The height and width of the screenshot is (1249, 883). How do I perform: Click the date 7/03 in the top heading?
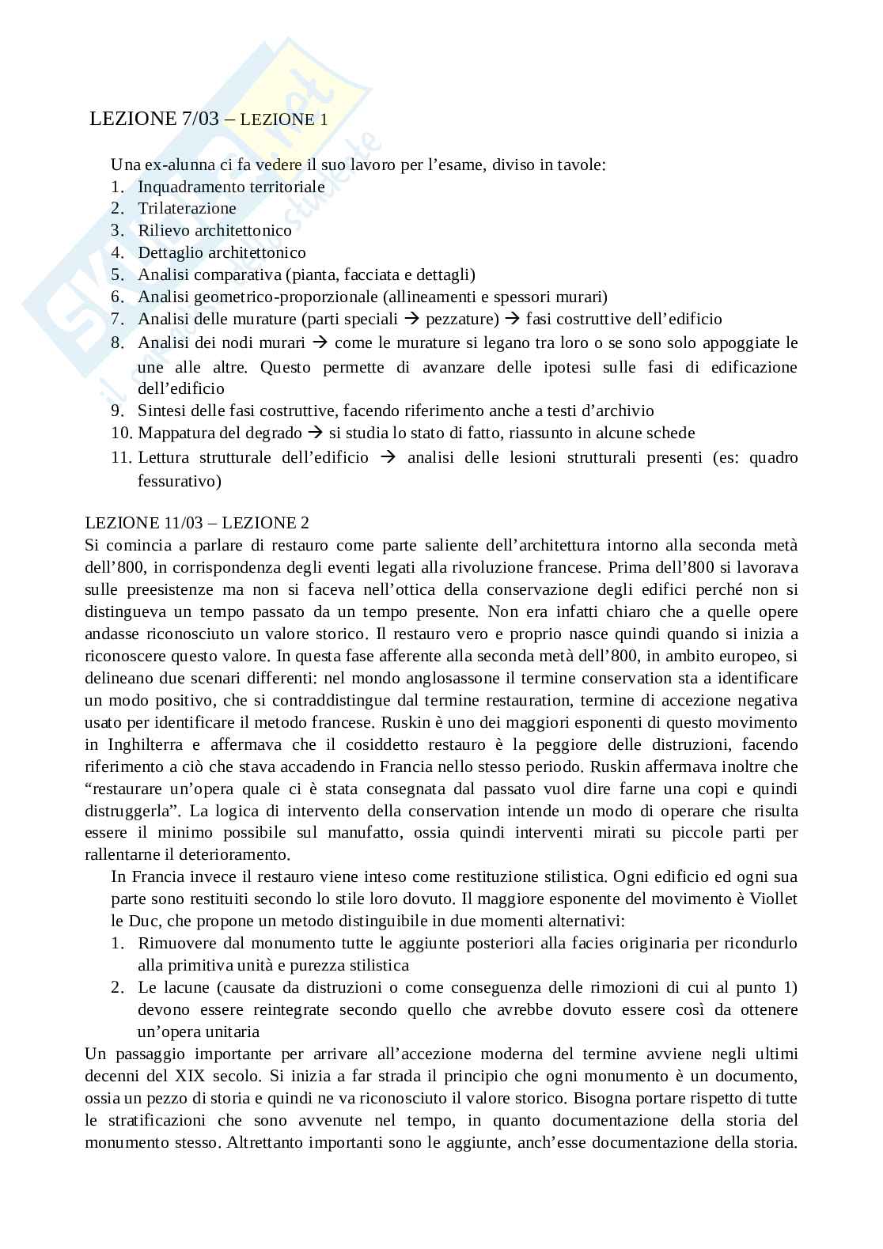(198, 119)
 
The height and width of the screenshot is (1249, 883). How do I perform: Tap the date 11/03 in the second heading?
(188, 523)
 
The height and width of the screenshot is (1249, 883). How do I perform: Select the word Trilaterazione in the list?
(187, 209)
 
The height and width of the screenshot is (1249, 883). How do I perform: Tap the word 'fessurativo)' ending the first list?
(180, 481)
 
